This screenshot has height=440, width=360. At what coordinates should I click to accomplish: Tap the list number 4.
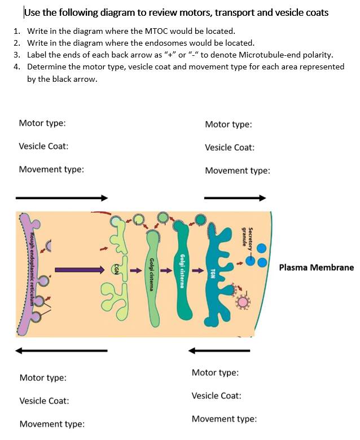(17, 67)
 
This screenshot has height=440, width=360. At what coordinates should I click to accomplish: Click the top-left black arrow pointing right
(61, 198)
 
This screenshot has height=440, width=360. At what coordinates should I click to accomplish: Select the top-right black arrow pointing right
(235, 198)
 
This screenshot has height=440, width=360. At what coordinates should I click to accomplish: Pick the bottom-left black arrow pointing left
(61, 350)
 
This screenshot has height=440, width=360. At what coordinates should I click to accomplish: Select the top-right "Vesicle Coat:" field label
(230, 147)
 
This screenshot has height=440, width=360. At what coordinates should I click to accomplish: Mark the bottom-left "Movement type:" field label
(52, 424)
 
